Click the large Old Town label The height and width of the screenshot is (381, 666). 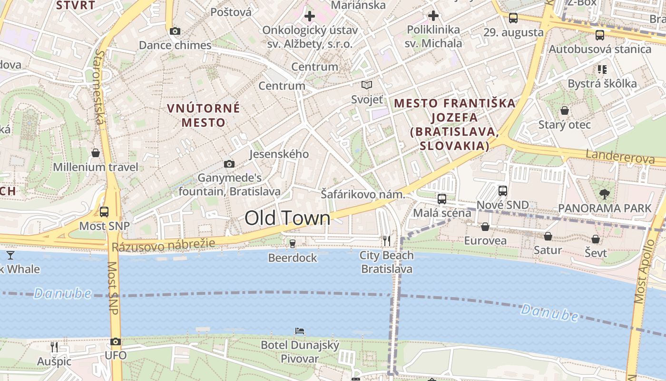(x=287, y=218)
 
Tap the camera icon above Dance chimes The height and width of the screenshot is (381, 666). (x=175, y=31)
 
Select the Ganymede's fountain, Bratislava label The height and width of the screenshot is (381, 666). (x=230, y=185)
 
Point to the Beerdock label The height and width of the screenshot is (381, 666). (x=293, y=258)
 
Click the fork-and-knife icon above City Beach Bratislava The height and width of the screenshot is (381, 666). (x=387, y=241)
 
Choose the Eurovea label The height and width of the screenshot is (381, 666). (x=485, y=241)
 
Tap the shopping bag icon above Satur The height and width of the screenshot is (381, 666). (x=548, y=236)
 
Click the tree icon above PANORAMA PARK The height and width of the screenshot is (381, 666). (x=605, y=194)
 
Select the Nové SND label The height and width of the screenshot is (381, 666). (x=502, y=205)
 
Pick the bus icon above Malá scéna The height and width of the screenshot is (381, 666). (x=442, y=199)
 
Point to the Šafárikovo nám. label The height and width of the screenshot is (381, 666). (x=363, y=194)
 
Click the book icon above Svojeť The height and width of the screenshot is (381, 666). (x=366, y=85)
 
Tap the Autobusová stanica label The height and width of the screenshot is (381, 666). (x=600, y=49)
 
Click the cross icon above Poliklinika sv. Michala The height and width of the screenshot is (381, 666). (x=433, y=16)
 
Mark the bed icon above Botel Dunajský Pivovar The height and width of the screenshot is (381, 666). (x=300, y=331)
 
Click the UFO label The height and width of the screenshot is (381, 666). (x=116, y=355)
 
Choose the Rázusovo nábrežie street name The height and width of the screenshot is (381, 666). (x=163, y=245)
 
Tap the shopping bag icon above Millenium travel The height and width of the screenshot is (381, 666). (x=96, y=153)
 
